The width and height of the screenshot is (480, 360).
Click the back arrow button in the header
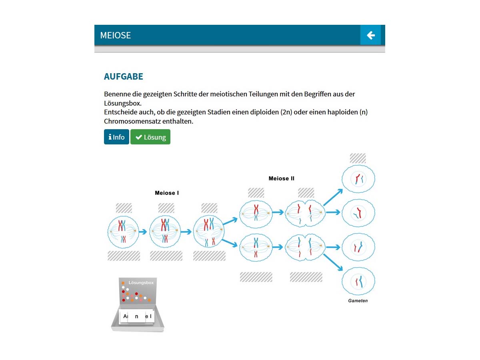click(x=371, y=35)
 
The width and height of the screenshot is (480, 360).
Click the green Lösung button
click(x=150, y=137)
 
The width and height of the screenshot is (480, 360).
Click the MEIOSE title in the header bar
click(x=116, y=35)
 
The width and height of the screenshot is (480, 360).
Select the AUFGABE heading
click(x=123, y=76)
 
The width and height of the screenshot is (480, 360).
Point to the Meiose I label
click(x=167, y=193)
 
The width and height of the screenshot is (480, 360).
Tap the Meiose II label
click(x=281, y=178)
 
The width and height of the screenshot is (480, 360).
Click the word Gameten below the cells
click(x=358, y=301)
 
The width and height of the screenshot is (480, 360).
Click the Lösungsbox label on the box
click(x=141, y=283)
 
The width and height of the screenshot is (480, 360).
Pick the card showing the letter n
click(x=137, y=316)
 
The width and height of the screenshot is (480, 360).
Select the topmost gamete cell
click(x=358, y=178)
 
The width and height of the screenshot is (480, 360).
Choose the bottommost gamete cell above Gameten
click(x=358, y=282)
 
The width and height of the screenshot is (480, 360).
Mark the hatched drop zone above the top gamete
click(x=358, y=158)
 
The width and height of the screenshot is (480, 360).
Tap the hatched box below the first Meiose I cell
click(x=124, y=256)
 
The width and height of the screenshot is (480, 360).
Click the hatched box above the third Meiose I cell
click(x=209, y=208)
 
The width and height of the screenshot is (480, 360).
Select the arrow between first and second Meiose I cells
click(x=143, y=231)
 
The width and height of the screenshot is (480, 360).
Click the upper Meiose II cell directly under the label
click(x=256, y=213)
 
